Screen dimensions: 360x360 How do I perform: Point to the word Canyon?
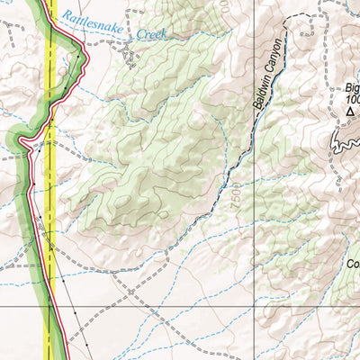coord(276,56)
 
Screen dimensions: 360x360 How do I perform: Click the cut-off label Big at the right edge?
coord(352,89)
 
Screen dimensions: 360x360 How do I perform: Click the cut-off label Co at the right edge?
coord(353,265)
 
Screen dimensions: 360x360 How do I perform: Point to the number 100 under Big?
coord(351,100)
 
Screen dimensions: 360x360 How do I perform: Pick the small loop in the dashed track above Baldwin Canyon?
coord(290,20)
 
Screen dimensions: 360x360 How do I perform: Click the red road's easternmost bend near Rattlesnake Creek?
coord(86,58)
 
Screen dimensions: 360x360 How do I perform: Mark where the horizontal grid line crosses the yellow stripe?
coord(51,306)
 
